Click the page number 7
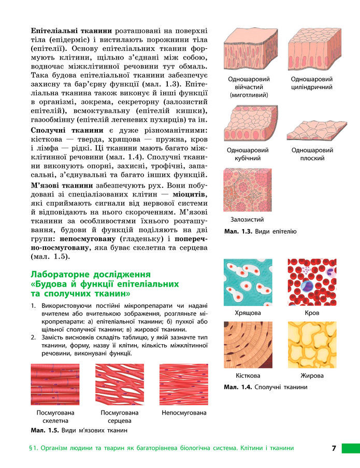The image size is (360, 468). [x=334, y=448]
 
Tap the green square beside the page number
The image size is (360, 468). [x=350, y=448]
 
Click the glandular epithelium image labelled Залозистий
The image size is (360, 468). [x=247, y=190]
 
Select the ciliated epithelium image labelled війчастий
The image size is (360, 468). [x=247, y=51]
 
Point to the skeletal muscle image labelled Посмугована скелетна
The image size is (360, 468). [x=55, y=384]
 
